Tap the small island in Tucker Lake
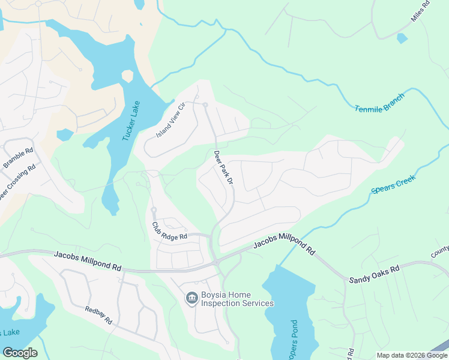127,76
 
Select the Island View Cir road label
172,119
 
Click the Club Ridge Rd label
169,231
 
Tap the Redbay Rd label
98,316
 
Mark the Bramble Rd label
18,156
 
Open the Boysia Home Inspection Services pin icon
191,298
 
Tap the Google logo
20,353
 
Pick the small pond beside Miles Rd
402,38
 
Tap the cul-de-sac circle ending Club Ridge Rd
154,210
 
